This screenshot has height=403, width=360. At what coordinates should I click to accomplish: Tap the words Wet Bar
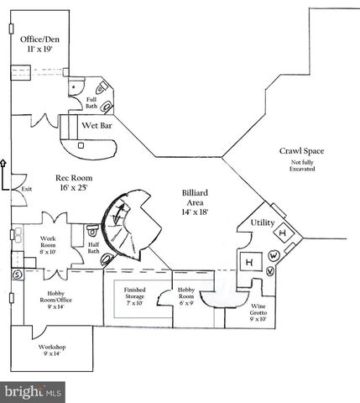tap(97, 126)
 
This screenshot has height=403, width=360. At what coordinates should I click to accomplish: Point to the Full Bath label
tap(91, 103)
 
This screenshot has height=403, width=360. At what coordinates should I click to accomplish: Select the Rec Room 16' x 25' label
tap(73, 183)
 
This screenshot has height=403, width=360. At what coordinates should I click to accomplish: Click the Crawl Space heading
tap(301, 151)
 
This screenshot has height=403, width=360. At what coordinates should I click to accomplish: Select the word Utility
tap(263, 223)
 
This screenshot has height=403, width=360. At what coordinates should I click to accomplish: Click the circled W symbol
tap(275, 256)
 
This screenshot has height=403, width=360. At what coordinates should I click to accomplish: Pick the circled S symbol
tap(16, 275)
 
